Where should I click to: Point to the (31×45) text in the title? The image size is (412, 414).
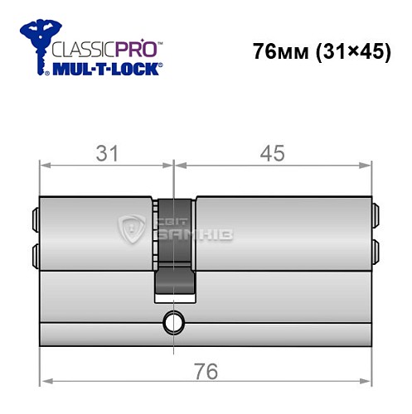[352, 51]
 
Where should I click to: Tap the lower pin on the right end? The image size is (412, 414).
[376, 251]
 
